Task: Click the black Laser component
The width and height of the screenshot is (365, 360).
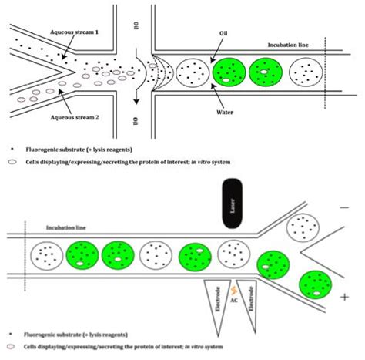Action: (x=232, y=204)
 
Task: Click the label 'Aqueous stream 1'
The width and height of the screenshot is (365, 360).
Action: (x=74, y=32)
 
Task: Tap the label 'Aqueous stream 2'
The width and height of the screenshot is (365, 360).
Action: (x=75, y=118)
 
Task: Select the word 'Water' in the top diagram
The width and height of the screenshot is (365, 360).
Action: (x=225, y=113)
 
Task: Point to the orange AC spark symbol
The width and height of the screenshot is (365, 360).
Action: (x=233, y=291)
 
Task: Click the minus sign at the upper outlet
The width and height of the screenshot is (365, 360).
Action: (x=344, y=207)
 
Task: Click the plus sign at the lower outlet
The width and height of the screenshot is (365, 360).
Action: (x=344, y=298)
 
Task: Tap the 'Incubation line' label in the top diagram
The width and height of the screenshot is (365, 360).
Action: (x=288, y=45)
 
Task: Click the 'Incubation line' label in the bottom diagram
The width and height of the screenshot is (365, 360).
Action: (x=66, y=227)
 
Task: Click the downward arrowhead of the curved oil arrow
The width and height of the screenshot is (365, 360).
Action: (x=136, y=101)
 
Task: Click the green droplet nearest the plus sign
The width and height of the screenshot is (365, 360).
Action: (x=316, y=284)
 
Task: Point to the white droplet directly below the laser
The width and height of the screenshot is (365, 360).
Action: (x=233, y=254)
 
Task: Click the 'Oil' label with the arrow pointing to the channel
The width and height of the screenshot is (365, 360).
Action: (x=223, y=33)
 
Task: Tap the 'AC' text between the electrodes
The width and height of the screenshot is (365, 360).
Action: (x=234, y=300)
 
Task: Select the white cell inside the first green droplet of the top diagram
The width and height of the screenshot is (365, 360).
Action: (x=226, y=80)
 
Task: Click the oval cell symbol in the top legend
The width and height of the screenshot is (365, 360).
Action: (x=12, y=162)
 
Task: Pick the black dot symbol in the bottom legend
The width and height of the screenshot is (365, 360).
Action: (x=11, y=334)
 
